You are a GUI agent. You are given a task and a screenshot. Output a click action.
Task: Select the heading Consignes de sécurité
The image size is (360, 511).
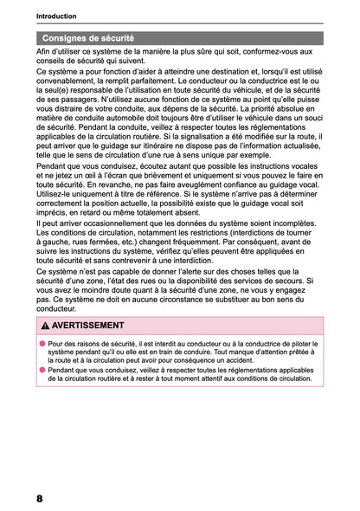(x=90, y=39)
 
